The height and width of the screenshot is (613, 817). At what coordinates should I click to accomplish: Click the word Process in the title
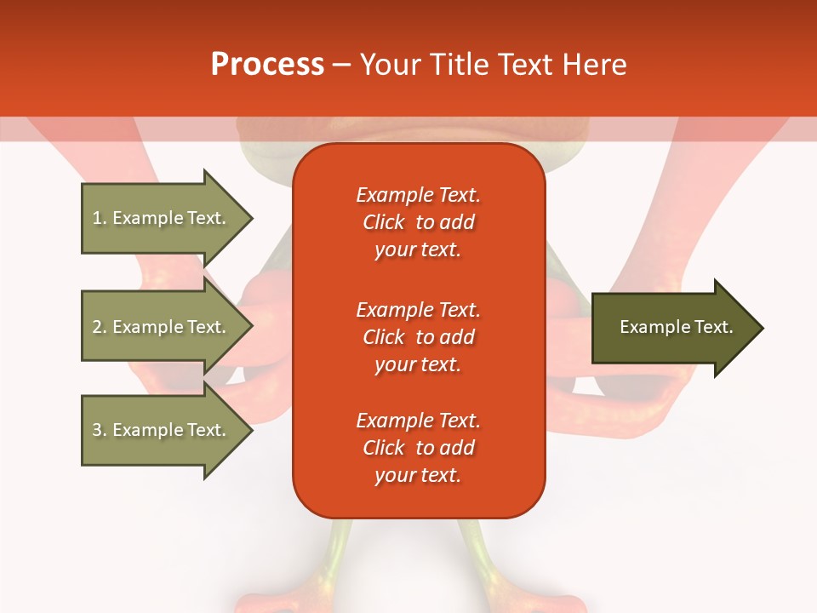pos(267,65)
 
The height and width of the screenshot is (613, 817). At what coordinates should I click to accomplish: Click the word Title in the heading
pos(460,65)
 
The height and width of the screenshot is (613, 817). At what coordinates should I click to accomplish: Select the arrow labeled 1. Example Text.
pos(159,218)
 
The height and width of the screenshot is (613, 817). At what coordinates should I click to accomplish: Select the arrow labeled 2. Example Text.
pos(159,327)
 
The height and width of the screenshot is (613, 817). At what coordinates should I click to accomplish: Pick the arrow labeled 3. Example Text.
pos(159,430)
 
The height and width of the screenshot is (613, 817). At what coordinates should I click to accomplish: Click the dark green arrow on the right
pos(676,328)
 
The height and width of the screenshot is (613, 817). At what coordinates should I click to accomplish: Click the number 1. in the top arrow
pos(99,218)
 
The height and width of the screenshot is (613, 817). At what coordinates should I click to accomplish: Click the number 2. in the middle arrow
pos(99,327)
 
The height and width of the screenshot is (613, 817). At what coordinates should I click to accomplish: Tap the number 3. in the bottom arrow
pos(99,430)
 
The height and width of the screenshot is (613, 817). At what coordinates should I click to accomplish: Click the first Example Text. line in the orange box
pos(418,195)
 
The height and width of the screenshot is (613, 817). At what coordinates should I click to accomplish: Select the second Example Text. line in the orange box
pos(418,309)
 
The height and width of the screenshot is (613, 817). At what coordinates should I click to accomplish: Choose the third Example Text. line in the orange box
pos(418,421)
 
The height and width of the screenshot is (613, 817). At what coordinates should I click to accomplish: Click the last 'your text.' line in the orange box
pos(418,475)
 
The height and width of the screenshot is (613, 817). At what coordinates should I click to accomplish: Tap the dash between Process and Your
pos(341,65)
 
